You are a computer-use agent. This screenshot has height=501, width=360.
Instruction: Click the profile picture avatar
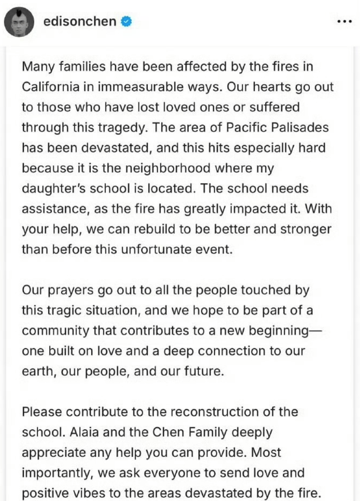point(18,22)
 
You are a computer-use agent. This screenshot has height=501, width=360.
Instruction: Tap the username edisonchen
point(79,21)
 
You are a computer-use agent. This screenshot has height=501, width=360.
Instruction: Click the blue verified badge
point(126,22)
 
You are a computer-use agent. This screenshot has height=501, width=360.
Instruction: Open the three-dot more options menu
point(344,22)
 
